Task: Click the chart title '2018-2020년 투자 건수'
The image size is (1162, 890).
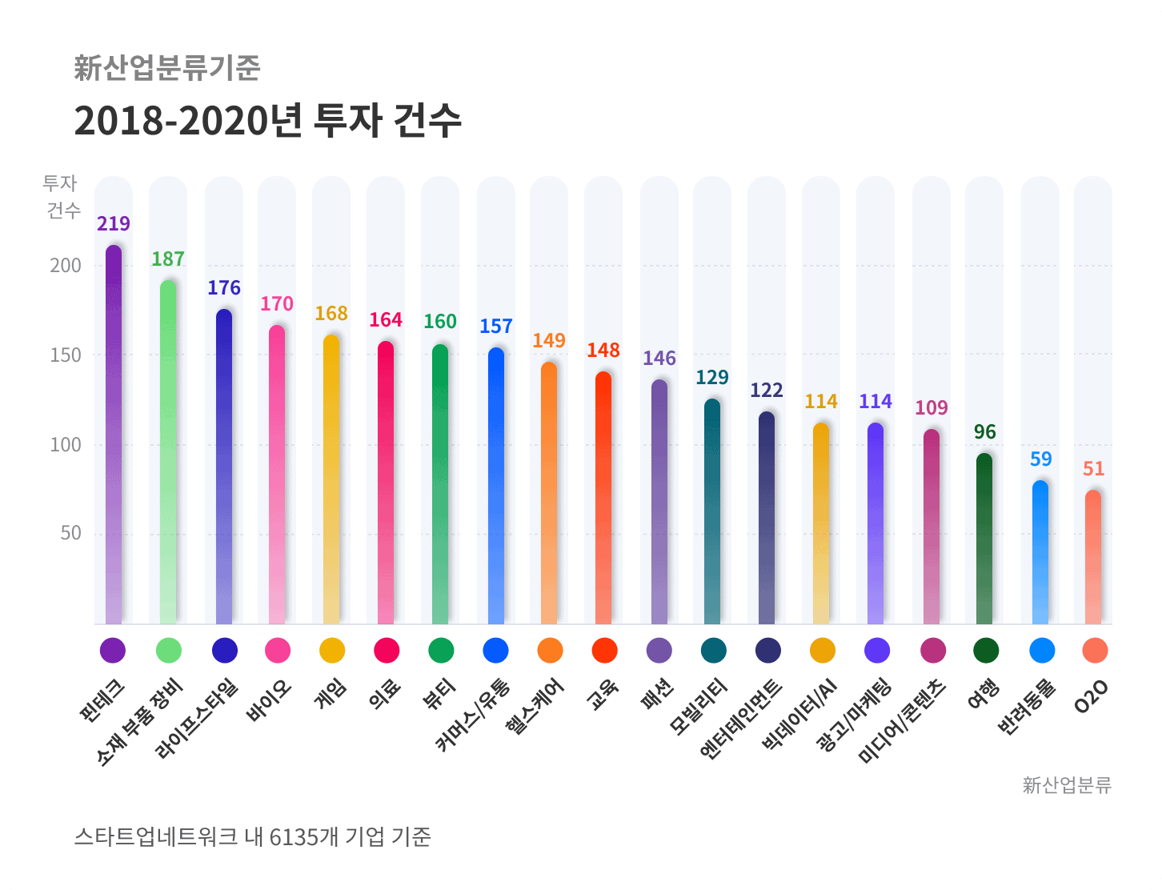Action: tap(267, 121)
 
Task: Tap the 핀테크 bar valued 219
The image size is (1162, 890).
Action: tap(114, 432)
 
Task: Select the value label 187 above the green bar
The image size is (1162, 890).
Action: tap(168, 259)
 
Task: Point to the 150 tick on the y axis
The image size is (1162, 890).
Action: tap(66, 355)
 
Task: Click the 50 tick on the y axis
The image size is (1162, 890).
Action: tap(70, 533)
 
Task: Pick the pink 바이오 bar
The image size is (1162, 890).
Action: tap(277, 472)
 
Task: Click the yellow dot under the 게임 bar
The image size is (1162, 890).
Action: tap(332, 651)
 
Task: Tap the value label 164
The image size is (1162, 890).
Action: tap(386, 320)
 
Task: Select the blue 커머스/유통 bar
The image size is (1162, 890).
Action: tap(496, 484)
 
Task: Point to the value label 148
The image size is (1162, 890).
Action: tap(603, 351)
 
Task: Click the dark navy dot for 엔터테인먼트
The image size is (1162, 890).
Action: tap(768, 651)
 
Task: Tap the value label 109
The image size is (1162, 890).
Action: tap(932, 408)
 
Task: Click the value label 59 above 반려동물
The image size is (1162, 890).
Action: tap(1041, 459)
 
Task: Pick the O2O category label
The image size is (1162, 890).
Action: tap(1092, 696)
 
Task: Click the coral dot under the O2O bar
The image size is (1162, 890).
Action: tap(1095, 651)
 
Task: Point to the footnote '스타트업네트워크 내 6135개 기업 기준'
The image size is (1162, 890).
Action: tap(252, 837)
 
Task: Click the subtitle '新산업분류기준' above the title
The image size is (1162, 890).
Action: tap(167, 68)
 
